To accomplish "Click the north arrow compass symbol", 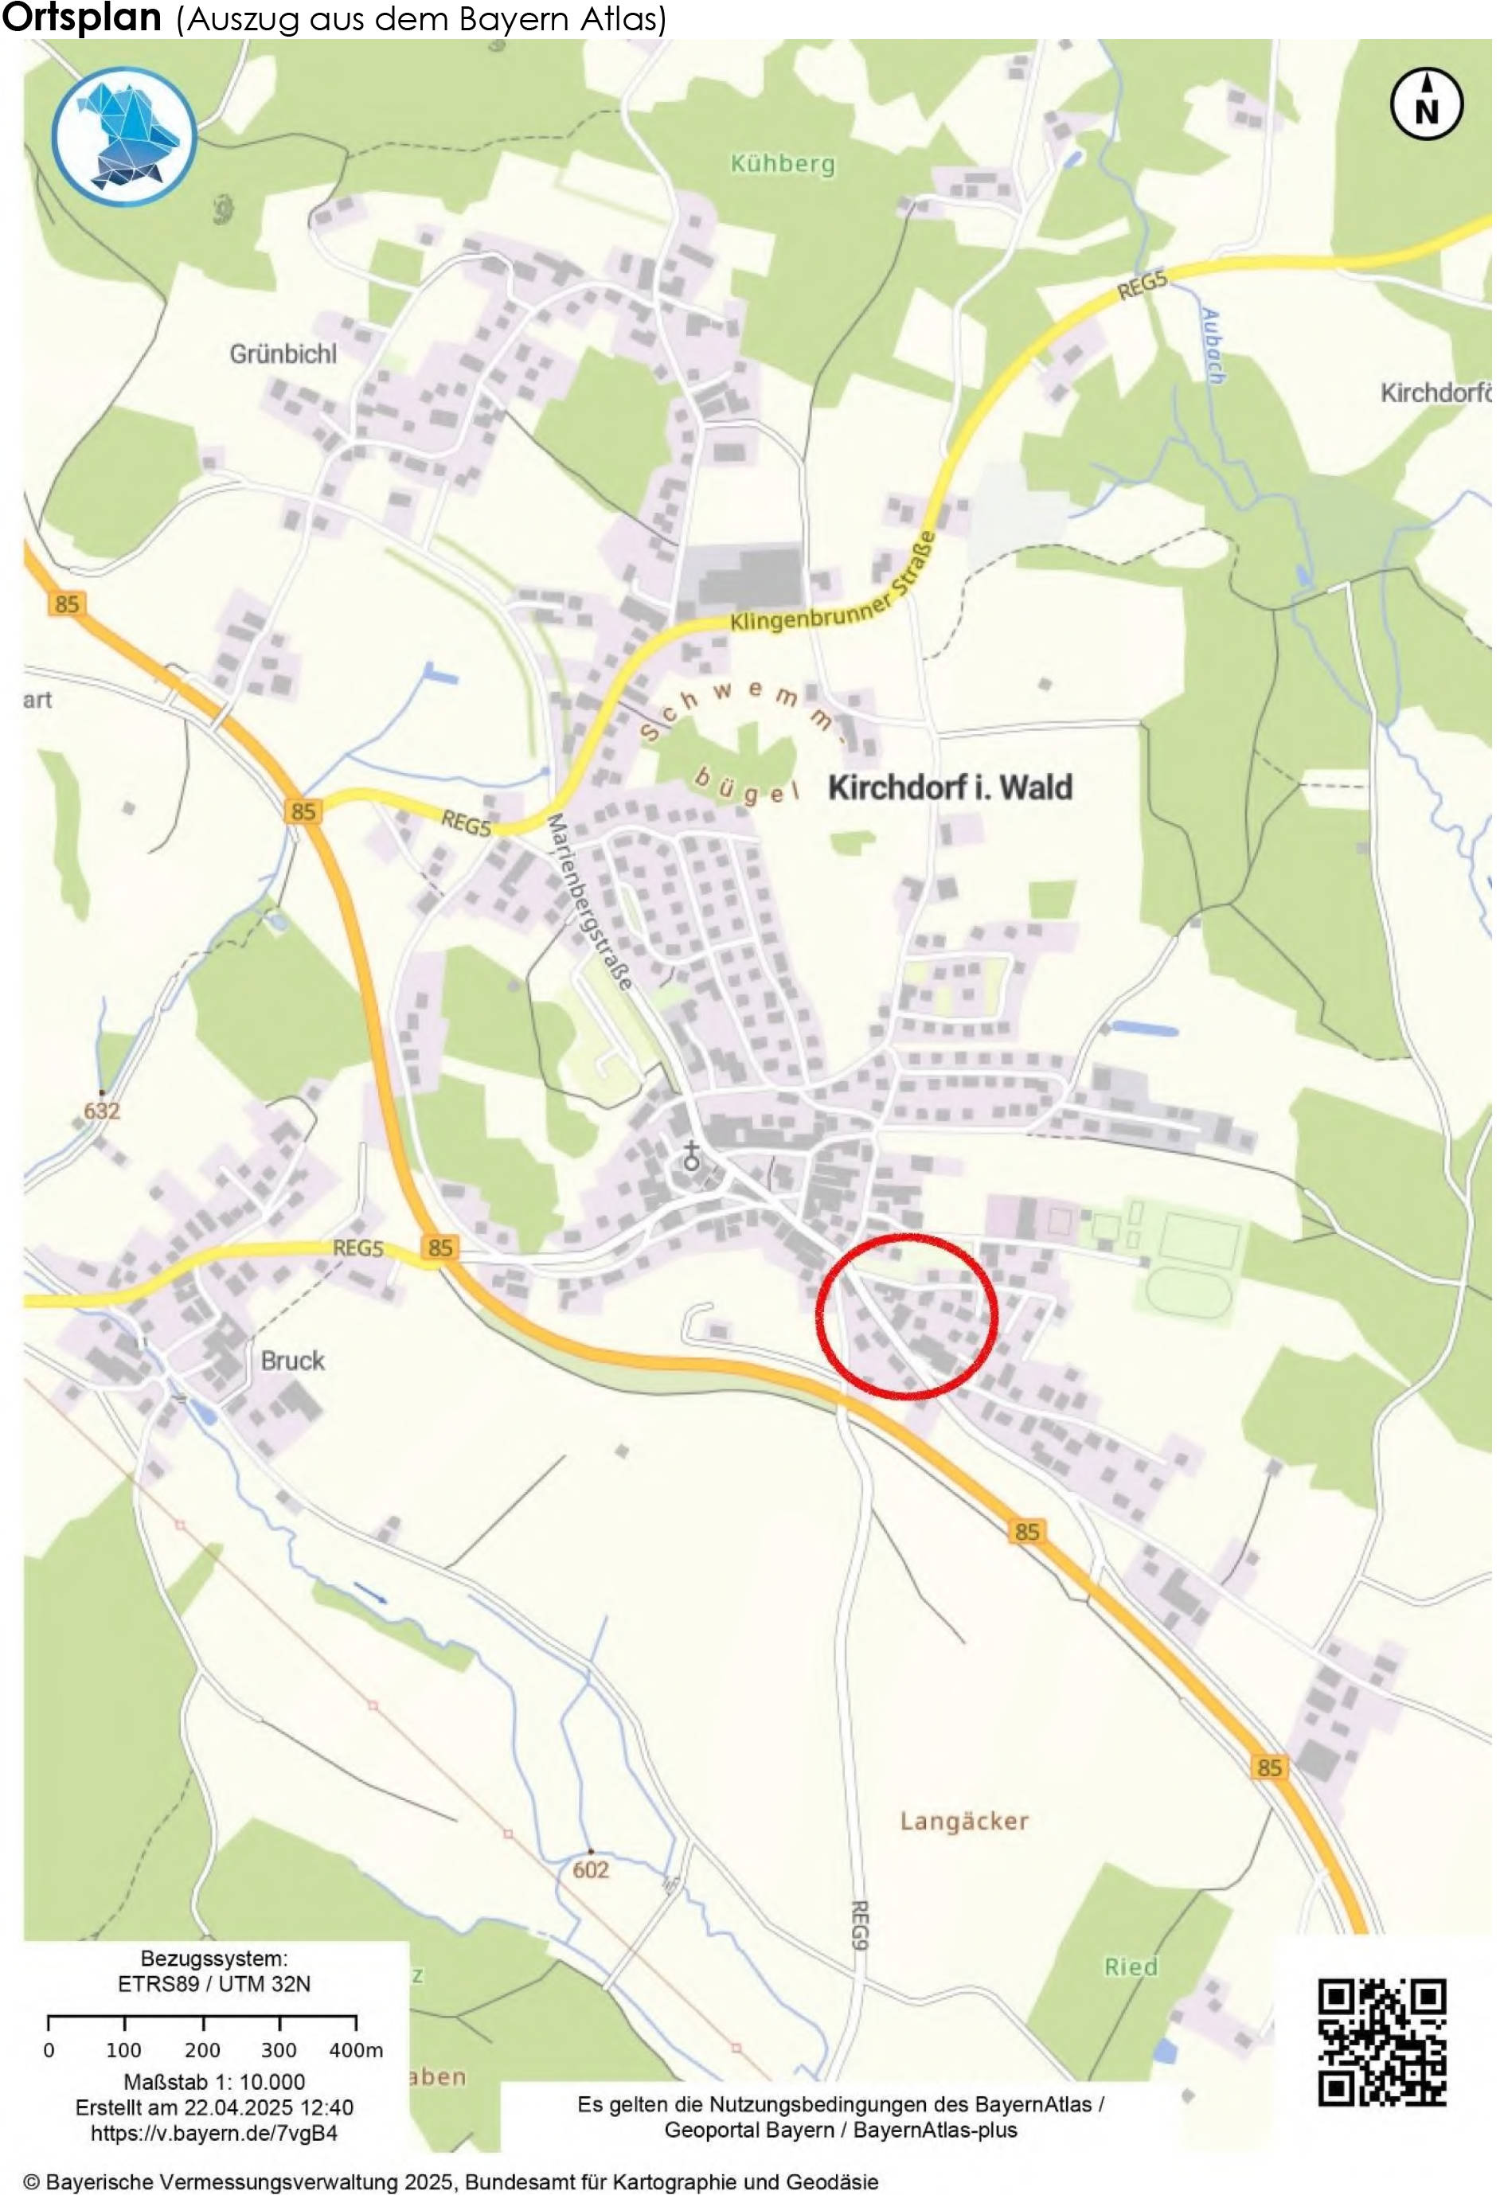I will click(1426, 104).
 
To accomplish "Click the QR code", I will click(1382, 2043).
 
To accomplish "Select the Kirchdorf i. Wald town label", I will click(951, 787).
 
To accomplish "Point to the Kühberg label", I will click(783, 164).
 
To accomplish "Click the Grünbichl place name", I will click(283, 354).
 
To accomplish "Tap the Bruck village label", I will click(293, 1361).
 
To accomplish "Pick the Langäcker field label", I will click(964, 1821).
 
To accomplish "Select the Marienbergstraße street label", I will click(588, 902).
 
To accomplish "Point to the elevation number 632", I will click(102, 1111).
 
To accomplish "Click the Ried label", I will click(1131, 1967).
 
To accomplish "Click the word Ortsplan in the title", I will click(82, 19).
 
